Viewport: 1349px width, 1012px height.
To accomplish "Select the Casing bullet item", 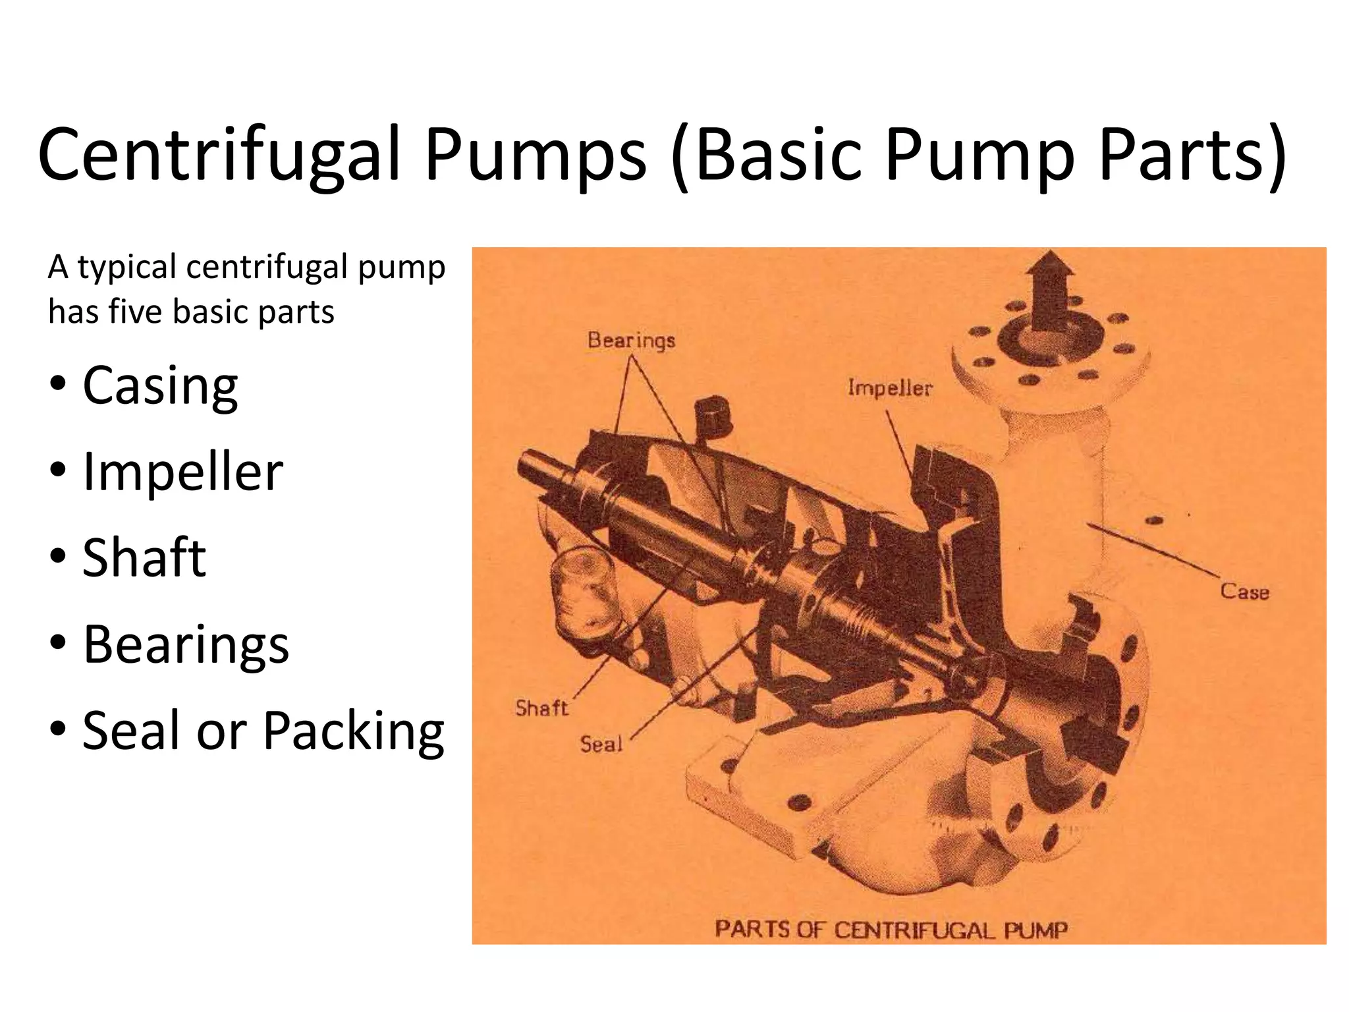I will pos(159,386).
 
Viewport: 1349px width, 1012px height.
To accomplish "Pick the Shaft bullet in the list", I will pos(144,558).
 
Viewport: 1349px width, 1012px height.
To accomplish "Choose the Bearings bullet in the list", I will pos(186,644).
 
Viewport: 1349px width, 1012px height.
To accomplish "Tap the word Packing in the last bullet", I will pos(354,731).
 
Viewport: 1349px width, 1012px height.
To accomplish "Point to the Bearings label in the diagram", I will pos(631,341).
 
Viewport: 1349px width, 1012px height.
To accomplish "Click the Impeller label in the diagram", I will pos(889,388).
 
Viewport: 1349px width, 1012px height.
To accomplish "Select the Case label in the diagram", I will pos(1244,591).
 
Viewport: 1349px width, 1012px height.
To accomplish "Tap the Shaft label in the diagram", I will pos(541,708).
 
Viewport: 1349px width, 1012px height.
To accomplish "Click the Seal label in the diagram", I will pos(601,745).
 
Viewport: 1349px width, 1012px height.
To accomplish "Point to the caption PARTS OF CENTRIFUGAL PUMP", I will pos(891,930).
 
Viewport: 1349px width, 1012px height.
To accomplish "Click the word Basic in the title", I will pos(777,156).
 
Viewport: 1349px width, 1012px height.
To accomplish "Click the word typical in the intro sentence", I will pos(128,267).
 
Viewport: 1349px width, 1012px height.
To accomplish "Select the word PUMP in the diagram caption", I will pos(1035,930).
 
